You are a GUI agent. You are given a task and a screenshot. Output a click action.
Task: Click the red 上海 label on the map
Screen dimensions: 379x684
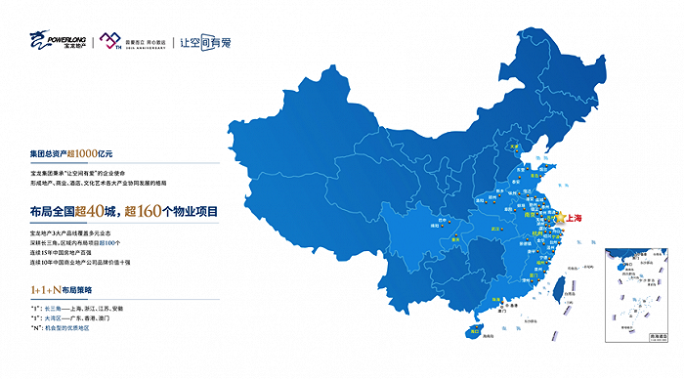(x=574, y=218)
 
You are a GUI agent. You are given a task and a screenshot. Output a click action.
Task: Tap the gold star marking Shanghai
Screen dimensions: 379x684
(x=560, y=218)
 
